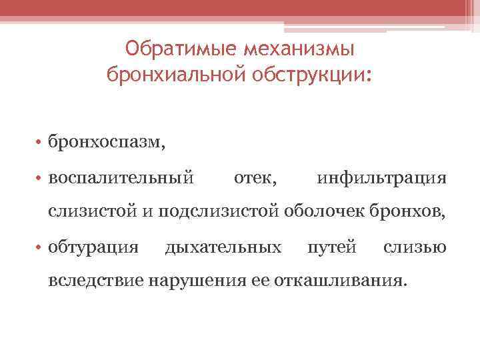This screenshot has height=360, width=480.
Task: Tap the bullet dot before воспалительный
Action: coord(41,179)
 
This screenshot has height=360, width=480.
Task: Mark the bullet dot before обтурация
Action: coord(41,248)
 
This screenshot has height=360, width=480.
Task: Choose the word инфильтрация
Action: coord(381,178)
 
